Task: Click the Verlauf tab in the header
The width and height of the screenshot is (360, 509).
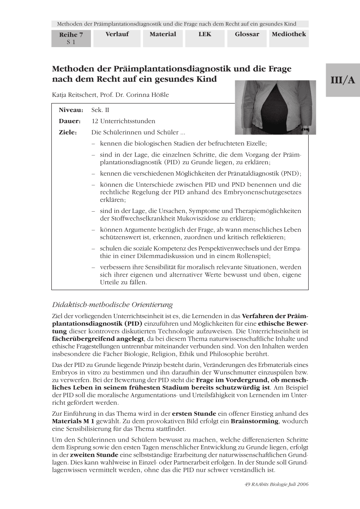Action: pos(117,34)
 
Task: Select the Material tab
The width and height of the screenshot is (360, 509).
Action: pos(163,34)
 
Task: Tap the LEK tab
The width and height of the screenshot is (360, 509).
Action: pos(205,34)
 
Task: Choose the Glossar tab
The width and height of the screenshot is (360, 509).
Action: pos(247,34)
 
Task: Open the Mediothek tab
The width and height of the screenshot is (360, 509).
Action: pos(289,34)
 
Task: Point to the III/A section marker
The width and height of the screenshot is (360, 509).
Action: pos(343,81)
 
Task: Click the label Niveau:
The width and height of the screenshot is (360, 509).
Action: pos(70,110)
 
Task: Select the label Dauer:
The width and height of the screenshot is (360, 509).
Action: pos(70,121)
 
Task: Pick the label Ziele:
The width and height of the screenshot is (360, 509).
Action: pos(68,132)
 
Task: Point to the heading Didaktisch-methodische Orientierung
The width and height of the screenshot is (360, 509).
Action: pos(112,305)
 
